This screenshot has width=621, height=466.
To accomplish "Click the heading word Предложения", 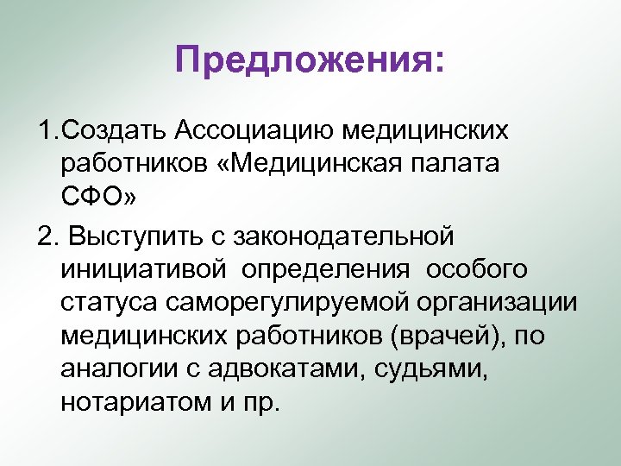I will pos(305,62).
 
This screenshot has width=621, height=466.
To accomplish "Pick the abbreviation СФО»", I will pos(97,195).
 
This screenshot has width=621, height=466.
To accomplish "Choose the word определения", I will pos(325,268).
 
